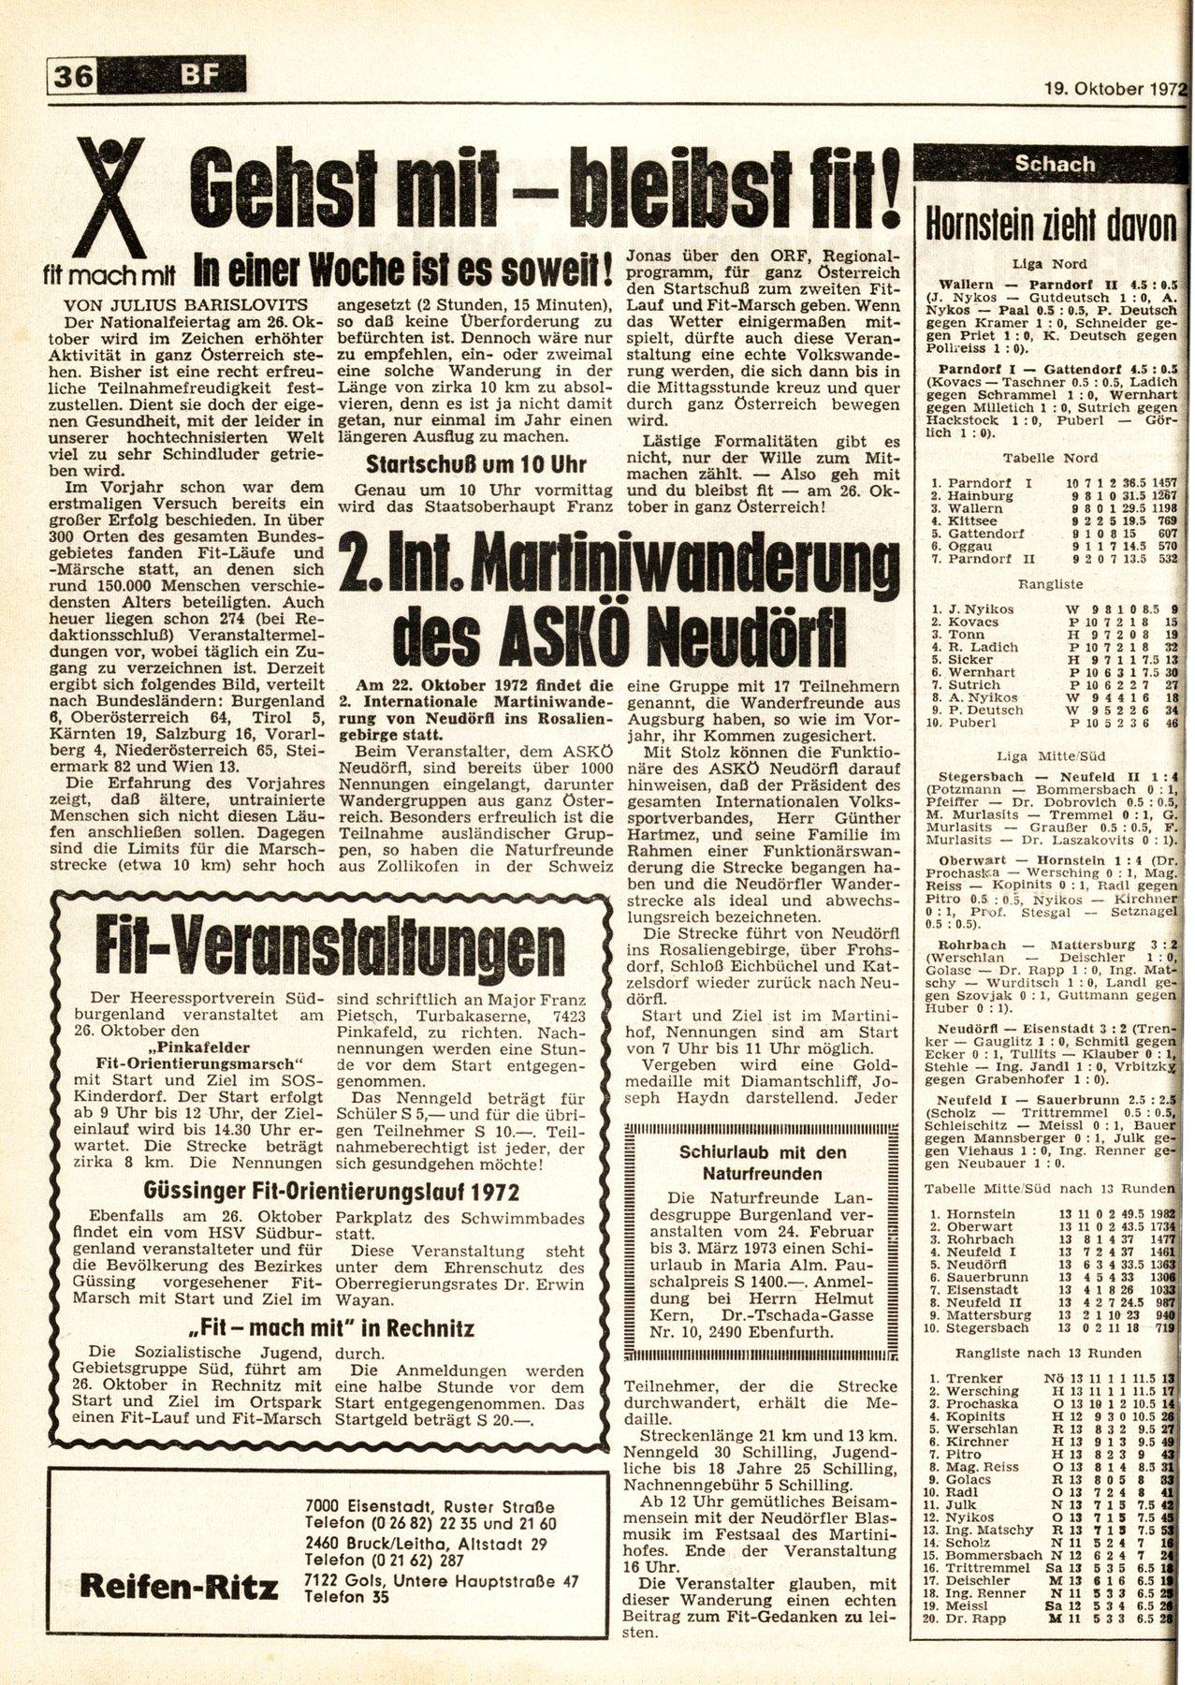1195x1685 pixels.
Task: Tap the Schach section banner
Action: click(x=1055, y=165)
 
